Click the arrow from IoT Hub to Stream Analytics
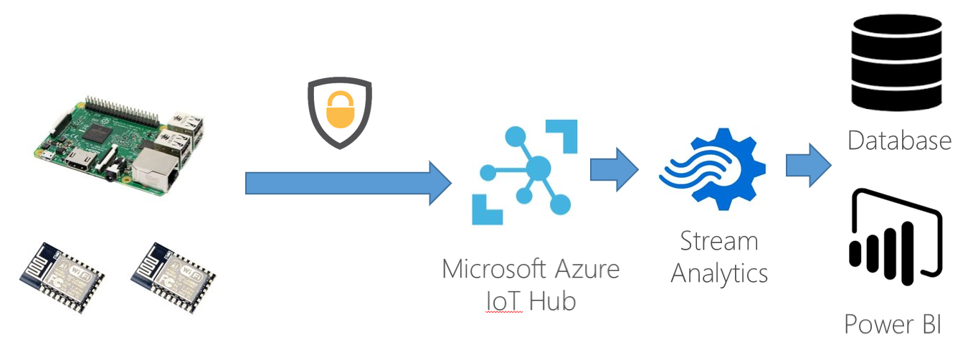tap(614, 169)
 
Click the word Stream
tap(719, 241)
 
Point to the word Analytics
tap(719, 273)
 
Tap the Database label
tap(899, 140)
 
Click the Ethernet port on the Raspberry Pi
tap(154, 166)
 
